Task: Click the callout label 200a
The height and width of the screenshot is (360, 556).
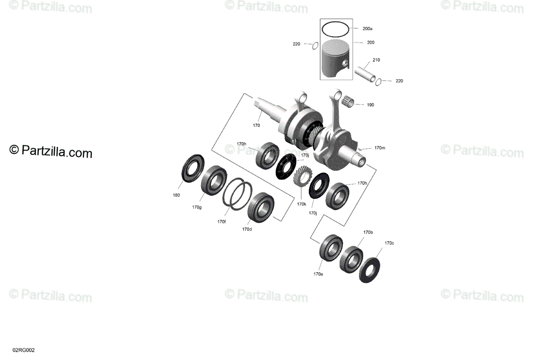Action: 367,29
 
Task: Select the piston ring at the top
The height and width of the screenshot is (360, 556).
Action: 335,23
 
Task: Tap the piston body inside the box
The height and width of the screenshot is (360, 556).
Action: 335,58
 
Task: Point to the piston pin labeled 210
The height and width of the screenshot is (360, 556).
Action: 365,74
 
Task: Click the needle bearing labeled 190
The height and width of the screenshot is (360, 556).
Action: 347,102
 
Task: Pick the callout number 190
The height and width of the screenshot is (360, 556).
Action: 370,105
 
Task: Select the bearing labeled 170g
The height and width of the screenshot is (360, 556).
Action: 214,180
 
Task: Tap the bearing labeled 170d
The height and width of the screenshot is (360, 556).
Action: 261,207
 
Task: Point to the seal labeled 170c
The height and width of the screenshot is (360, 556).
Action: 369,271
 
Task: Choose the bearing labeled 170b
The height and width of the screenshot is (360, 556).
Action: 351,260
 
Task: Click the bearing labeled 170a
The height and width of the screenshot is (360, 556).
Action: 331,248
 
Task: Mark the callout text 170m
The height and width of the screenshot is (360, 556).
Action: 380,148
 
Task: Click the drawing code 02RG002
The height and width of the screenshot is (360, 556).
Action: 24,350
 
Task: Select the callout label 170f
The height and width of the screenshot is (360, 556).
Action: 221,222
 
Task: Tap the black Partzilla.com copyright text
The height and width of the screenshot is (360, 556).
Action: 51,151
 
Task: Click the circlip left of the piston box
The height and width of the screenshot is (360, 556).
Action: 315,46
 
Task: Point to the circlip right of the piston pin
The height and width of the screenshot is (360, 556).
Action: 378,82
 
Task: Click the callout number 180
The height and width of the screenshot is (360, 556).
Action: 176,196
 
